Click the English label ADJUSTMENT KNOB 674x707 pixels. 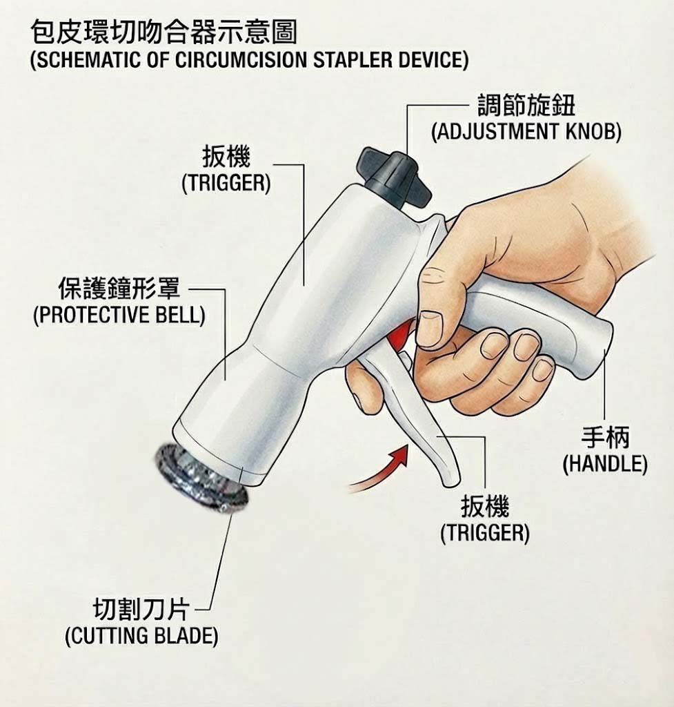click(x=526, y=132)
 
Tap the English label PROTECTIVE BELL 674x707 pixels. click(x=119, y=315)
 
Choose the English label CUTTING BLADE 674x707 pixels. click(x=141, y=636)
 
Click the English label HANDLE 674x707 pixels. click(x=605, y=464)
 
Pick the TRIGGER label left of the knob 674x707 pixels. click(x=226, y=184)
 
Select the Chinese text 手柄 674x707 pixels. click(x=605, y=437)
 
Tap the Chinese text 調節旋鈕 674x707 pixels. click(x=526, y=106)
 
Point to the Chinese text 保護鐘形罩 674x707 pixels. click(x=119, y=288)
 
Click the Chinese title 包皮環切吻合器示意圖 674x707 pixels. click(x=164, y=32)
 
